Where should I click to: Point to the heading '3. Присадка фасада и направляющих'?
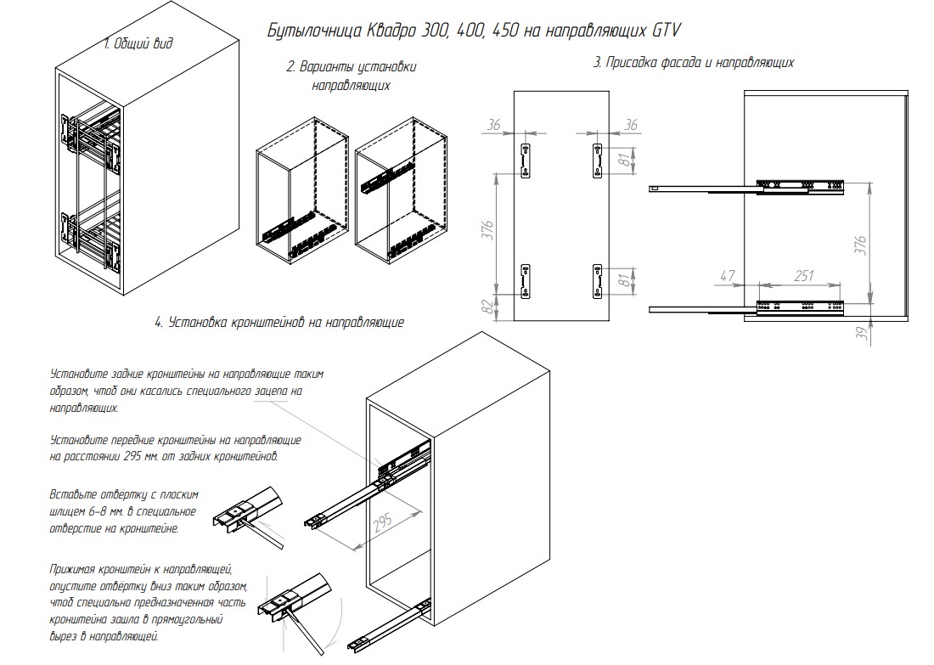[694, 63]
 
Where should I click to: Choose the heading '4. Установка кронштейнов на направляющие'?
[279, 323]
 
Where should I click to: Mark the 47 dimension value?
[726, 276]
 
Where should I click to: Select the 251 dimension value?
[802, 276]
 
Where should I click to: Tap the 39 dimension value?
[860, 334]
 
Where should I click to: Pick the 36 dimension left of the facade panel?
[494, 126]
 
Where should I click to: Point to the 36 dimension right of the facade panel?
[630, 126]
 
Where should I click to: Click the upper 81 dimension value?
[626, 159]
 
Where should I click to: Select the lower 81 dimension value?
[626, 281]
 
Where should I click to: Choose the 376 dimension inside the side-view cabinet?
[860, 243]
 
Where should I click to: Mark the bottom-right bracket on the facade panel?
[596, 281]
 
